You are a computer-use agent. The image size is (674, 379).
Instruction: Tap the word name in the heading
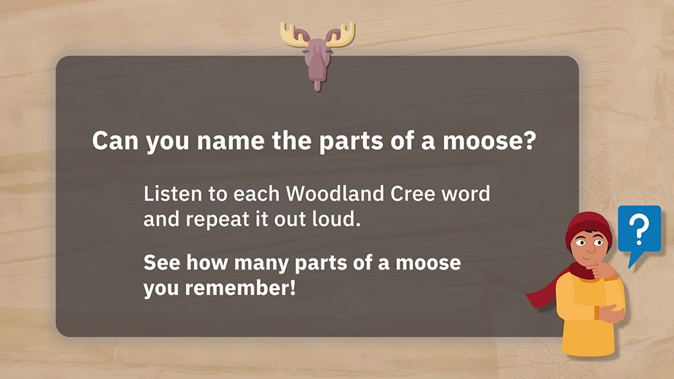(231, 141)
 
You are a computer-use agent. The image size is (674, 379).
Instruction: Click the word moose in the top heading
(484, 141)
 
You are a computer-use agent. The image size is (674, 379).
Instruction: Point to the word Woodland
(335, 194)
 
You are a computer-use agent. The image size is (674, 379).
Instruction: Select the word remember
(241, 287)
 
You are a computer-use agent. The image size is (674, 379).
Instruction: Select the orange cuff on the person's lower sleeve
(597, 312)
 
